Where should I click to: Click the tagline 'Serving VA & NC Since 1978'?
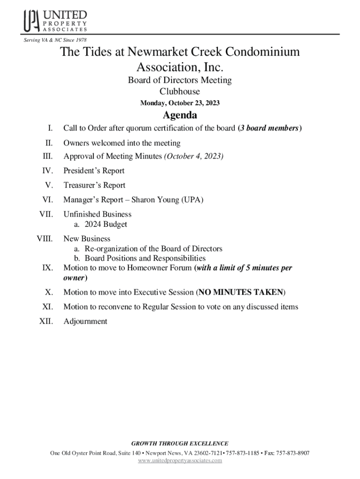pos(56,40)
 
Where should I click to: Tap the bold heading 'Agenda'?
pos(180,115)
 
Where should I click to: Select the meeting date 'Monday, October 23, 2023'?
pos(180,103)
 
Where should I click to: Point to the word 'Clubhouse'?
pos(180,92)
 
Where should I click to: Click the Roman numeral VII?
pos(45,214)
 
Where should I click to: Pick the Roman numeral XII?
pos(45,321)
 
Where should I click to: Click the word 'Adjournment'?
pos(85,321)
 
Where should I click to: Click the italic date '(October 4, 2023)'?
pos(193,156)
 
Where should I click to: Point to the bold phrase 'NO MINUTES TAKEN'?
pos(240,292)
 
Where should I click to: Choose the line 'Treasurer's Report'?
pos(94,185)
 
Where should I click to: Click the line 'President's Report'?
pos(94,171)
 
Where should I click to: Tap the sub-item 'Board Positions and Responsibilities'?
pos(145,258)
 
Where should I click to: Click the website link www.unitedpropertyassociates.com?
pos(180,461)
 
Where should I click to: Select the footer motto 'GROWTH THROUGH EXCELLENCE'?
pos(180,443)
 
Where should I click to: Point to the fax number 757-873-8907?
pos(292,453)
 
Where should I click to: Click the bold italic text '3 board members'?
pos(270,129)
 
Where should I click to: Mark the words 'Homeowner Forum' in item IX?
pos(163,268)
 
